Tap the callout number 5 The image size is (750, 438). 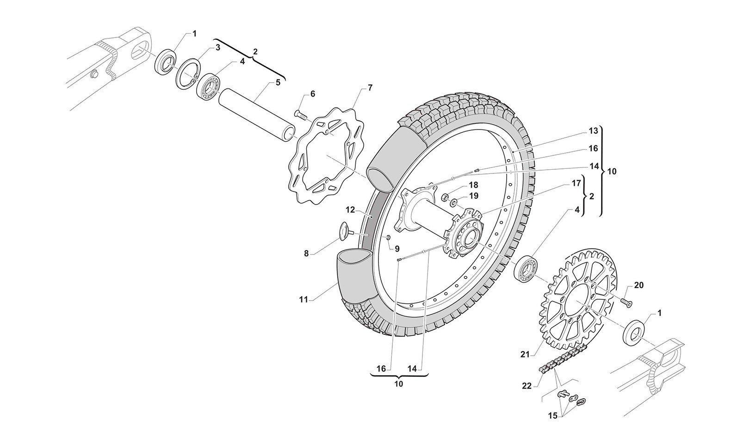coord(278,83)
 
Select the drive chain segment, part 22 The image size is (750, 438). coord(562,358)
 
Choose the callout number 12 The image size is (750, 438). coord(350,210)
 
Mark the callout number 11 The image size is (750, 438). coord(303,300)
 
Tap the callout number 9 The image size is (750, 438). coord(397,248)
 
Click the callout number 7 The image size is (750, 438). coord(370,87)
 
